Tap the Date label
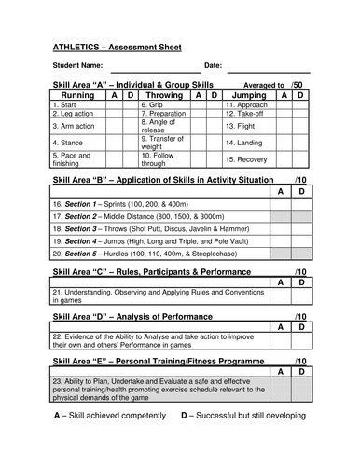(x=213, y=65)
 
